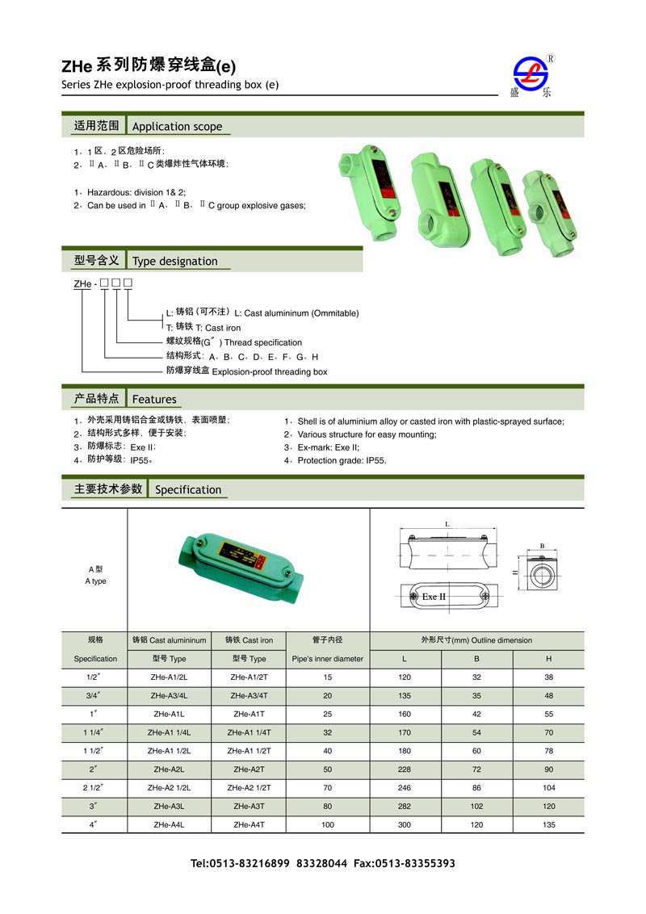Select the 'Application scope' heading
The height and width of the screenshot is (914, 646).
click(176, 126)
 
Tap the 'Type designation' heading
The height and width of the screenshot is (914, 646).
click(174, 261)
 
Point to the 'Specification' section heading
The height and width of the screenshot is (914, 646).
click(187, 489)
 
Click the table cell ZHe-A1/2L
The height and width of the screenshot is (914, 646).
click(169, 677)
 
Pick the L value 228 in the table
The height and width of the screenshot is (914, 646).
click(405, 769)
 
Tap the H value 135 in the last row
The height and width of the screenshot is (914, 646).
click(549, 824)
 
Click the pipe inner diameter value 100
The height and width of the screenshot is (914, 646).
click(327, 824)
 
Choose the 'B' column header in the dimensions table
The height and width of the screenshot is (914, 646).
click(476, 659)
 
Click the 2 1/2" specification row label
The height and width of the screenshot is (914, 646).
click(94, 787)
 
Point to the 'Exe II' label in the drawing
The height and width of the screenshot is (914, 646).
click(434, 597)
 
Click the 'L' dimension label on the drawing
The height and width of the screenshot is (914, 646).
click(447, 524)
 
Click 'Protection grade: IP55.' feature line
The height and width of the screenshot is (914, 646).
click(342, 460)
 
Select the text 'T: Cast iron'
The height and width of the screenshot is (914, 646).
click(203, 328)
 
